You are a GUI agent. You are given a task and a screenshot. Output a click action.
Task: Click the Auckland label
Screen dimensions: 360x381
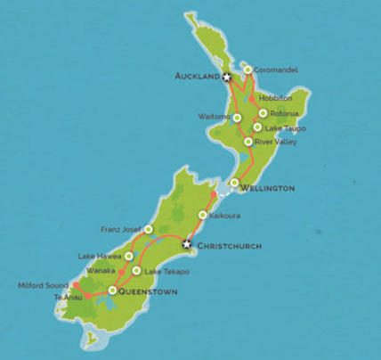[x=197, y=78]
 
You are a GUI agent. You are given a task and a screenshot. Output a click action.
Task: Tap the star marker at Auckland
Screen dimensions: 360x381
[x=226, y=78]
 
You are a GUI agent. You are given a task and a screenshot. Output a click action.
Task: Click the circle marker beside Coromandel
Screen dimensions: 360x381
[x=247, y=69]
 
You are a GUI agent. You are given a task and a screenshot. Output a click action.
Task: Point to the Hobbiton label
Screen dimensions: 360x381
[x=274, y=99]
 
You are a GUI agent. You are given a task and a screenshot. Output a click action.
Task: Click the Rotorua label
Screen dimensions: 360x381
[x=284, y=113]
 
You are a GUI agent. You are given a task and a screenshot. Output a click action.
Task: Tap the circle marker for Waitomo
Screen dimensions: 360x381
[x=238, y=118]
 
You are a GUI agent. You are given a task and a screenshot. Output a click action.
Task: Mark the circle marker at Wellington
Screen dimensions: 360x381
[x=234, y=184]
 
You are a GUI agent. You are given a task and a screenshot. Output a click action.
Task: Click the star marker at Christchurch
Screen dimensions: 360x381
[x=186, y=243]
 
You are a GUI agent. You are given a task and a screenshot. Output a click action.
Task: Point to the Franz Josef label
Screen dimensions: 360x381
[x=120, y=228]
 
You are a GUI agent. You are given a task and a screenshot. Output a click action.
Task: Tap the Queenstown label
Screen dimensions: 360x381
[x=149, y=291]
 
